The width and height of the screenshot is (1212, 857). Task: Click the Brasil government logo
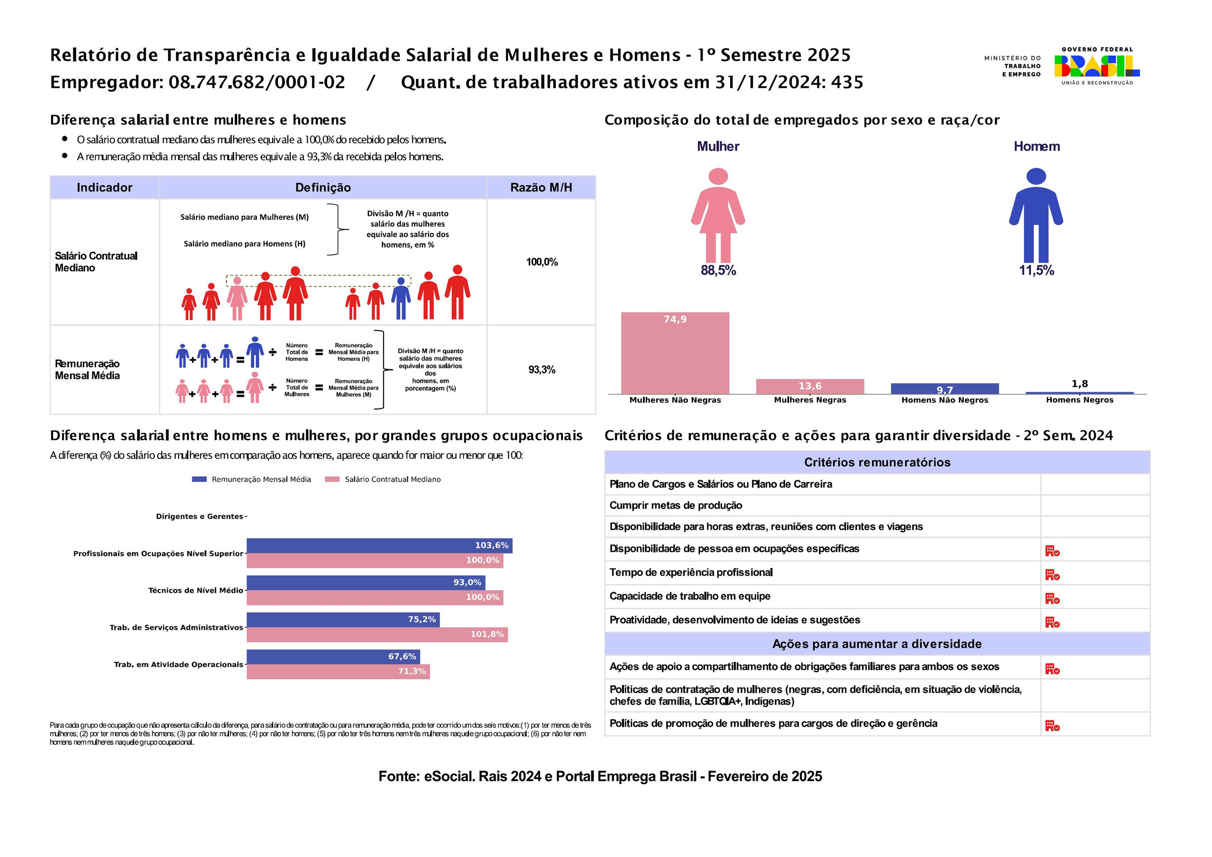[1097, 66]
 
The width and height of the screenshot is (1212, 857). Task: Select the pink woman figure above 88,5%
[718, 215]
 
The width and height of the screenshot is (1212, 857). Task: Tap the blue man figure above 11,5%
[1036, 215]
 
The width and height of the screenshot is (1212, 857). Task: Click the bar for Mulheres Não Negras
[675, 353]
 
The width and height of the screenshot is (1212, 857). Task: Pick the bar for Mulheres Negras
[810, 386]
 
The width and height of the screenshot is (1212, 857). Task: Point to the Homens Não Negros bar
[945, 389]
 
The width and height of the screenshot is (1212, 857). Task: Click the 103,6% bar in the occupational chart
[380, 545]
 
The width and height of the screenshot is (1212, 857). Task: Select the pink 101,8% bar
[377, 634]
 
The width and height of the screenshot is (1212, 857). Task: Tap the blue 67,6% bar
[333, 656]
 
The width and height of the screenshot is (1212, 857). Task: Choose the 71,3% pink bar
[339, 671]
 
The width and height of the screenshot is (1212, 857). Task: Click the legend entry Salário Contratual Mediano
[383, 480]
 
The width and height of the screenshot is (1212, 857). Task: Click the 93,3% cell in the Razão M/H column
[542, 370]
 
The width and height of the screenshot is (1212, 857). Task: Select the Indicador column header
[105, 187]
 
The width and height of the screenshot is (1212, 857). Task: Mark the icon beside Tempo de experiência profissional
[1052, 574]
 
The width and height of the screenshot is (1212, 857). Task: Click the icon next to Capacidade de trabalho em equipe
[1052, 598]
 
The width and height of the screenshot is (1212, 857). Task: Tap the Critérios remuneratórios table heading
[877, 463]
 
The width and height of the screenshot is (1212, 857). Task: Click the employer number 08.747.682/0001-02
[257, 82]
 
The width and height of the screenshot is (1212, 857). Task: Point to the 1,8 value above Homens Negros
[1079, 384]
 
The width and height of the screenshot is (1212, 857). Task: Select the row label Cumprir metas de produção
[676, 505]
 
